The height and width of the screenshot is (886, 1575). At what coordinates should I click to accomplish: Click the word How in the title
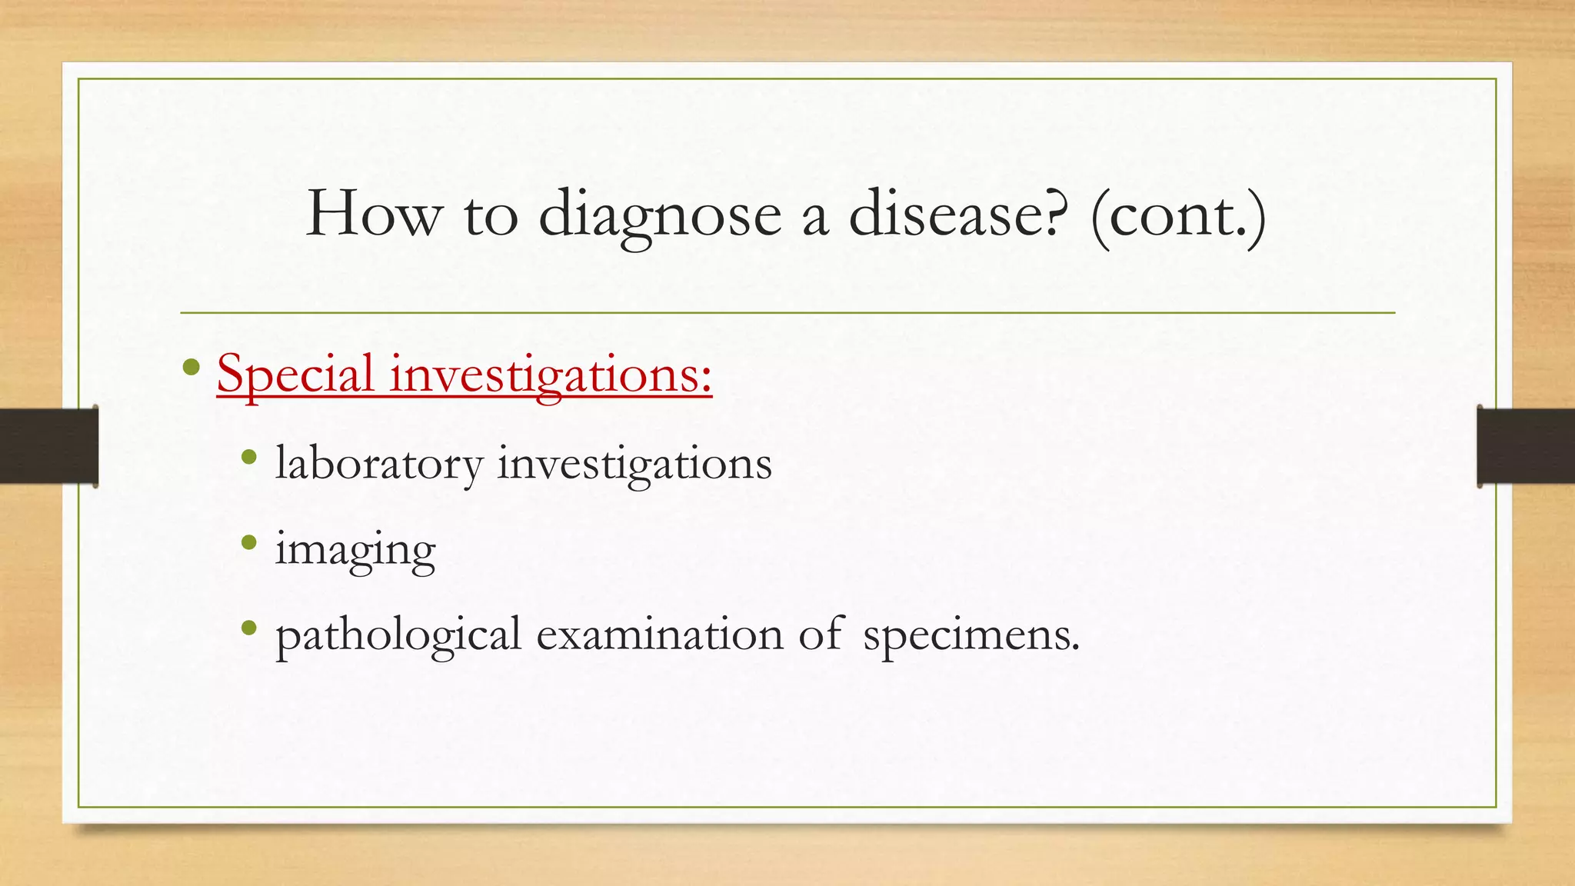pyautogui.click(x=374, y=214)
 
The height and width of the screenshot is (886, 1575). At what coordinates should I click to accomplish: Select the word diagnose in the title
pyautogui.click(x=659, y=215)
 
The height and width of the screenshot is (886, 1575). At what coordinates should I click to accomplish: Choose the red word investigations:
pyautogui.click(x=551, y=375)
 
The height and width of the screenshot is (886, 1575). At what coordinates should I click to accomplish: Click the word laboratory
pyautogui.click(x=379, y=465)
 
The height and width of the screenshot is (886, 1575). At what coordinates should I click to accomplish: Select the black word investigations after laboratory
pyautogui.click(x=634, y=465)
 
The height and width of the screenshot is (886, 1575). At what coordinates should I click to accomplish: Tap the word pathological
pyautogui.click(x=398, y=636)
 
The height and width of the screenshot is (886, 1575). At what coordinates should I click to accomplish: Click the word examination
pyautogui.click(x=660, y=635)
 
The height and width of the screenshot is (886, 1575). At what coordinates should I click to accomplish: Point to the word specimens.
pyautogui.click(x=971, y=636)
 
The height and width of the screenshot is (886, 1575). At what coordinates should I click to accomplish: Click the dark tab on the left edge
pyautogui.click(x=48, y=446)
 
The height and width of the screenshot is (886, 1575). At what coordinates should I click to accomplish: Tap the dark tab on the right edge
pyautogui.click(x=1526, y=446)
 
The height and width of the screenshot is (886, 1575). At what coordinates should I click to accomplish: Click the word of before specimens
pyautogui.click(x=821, y=635)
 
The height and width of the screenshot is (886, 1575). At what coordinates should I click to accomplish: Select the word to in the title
pyautogui.click(x=491, y=215)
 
